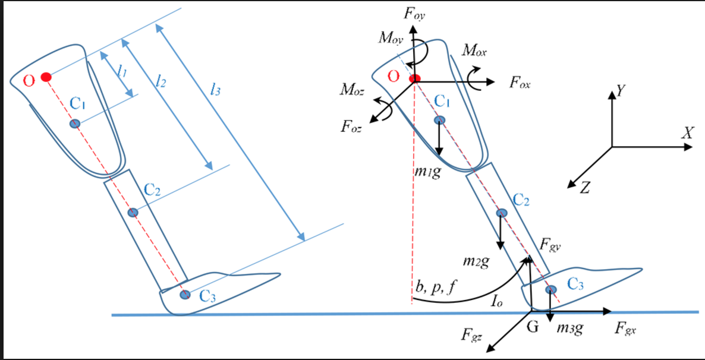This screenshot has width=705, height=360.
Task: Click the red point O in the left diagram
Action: (46, 77)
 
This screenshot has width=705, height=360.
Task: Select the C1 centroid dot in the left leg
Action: (75, 124)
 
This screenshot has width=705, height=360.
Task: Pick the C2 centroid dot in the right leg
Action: (502, 213)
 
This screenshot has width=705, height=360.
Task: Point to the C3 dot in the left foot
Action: (185, 294)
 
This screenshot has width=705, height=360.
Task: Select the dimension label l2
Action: (159, 82)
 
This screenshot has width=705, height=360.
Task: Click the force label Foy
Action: (414, 14)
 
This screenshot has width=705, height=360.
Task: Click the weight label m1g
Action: (427, 173)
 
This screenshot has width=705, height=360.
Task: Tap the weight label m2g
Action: (476, 261)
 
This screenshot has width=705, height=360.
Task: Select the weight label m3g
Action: (570, 328)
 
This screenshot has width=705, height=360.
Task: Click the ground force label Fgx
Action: (627, 327)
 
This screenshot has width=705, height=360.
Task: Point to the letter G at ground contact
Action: (532, 326)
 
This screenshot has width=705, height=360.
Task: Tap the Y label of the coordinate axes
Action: (622, 91)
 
